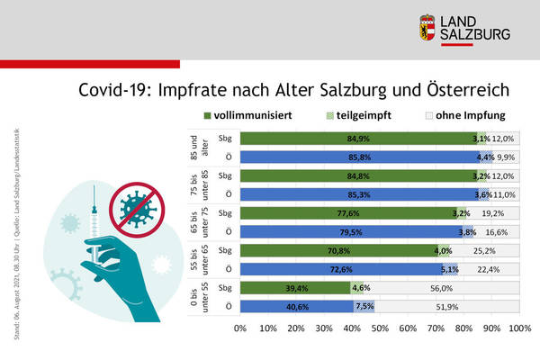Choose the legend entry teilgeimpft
[x=364, y=115]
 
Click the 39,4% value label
[x=297, y=288]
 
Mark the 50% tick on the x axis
[x=379, y=328]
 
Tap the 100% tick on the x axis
[x=519, y=328]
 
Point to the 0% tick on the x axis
[x=239, y=328]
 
